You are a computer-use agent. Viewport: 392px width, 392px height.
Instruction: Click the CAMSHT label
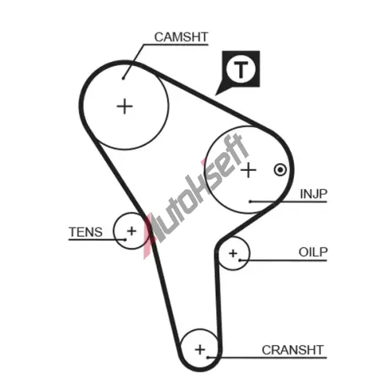pyautogui.click(x=181, y=37)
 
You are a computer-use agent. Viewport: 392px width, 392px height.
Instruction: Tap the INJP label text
pyautogui.click(x=314, y=194)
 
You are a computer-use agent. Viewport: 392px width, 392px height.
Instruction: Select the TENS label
pyautogui.click(x=85, y=232)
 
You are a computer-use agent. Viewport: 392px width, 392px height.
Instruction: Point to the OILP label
pyautogui.click(x=313, y=252)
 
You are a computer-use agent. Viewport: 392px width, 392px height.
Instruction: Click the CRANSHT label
pyautogui.click(x=292, y=350)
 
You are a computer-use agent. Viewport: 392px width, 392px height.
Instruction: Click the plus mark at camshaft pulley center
pyautogui.click(x=125, y=107)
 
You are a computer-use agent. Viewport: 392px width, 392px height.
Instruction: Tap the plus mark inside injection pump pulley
pyautogui.click(x=249, y=170)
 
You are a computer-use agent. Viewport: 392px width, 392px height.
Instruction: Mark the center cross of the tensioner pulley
pyautogui.click(x=132, y=230)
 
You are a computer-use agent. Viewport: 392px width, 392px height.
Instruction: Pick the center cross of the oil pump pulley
pyautogui.click(x=233, y=253)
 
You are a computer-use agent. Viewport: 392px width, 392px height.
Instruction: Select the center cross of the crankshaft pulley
pyautogui.click(x=200, y=350)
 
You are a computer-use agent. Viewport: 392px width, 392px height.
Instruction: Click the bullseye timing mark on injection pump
pyautogui.click(x=281, y=170)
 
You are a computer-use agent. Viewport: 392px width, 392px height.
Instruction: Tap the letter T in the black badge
pyautogui.click(x=241, y=70)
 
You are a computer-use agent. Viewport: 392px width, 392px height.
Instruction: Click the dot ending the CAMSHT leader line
pyautogui.click(x=123, y=78)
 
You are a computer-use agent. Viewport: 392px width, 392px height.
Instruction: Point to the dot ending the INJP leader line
pyautogui.click(x=250, y=201)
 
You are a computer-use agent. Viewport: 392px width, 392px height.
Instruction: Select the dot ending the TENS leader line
pyautogui.click(x=125, y=239)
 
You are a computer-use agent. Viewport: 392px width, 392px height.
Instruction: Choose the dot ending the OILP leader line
pyautogui.click(x=240, y=260)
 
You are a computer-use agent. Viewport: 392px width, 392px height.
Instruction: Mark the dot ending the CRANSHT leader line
pyautogui.click(x=207, y=358)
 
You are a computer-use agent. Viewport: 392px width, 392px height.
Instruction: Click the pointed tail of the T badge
pyautogui.click(x=216, y=94)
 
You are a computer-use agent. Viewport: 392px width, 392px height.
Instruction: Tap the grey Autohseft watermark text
pyautogui.click(x=201, y=188)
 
